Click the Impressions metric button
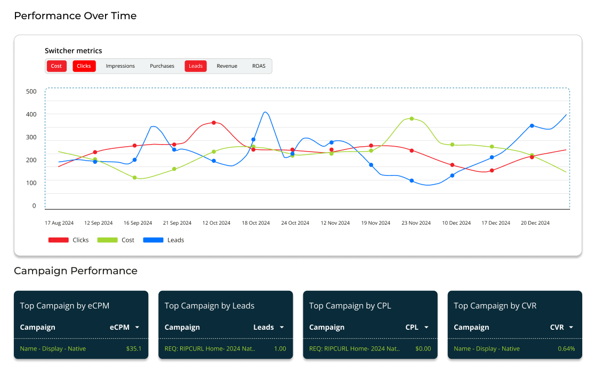pyautogui.click(x=120, y=66)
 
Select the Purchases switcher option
pyautogui.click(x=162, y=66)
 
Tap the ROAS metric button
pyautogui.click(x=259, y=66)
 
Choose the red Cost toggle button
pyautogui.click(x=57, y=66)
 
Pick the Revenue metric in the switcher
pyautogui.click(x=227, y=66)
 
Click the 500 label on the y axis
pyautogui.click(x=31, y=91)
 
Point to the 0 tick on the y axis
pyautogui.click(x=34, y=206)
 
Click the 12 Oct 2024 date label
pyautogui.click(x=216, y=223)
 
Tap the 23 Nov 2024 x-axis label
pyautogui.click(x=416, y=223)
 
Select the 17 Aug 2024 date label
pyautogui.click(x=59, y=223)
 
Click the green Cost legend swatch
pyautogui.click(x=107, y=240)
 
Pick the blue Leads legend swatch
pyautogui.click(x=153, y=240)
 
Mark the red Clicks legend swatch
pyautogui.click(x=59, y=240)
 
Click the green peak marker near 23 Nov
pyautogui.click(x=412, y=118)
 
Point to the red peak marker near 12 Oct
pyautogui.click(x=214, y=122)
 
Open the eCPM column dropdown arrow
pyautogui.click(x=138, y=327)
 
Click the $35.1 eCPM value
pyautogui.click(x=133, y=348)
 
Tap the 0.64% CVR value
pyautogui.click(x=566, y=348)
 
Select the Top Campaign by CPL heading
pyautogui.click(x=350, y=306)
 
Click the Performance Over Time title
pyautogui.click(x=75, y=16)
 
